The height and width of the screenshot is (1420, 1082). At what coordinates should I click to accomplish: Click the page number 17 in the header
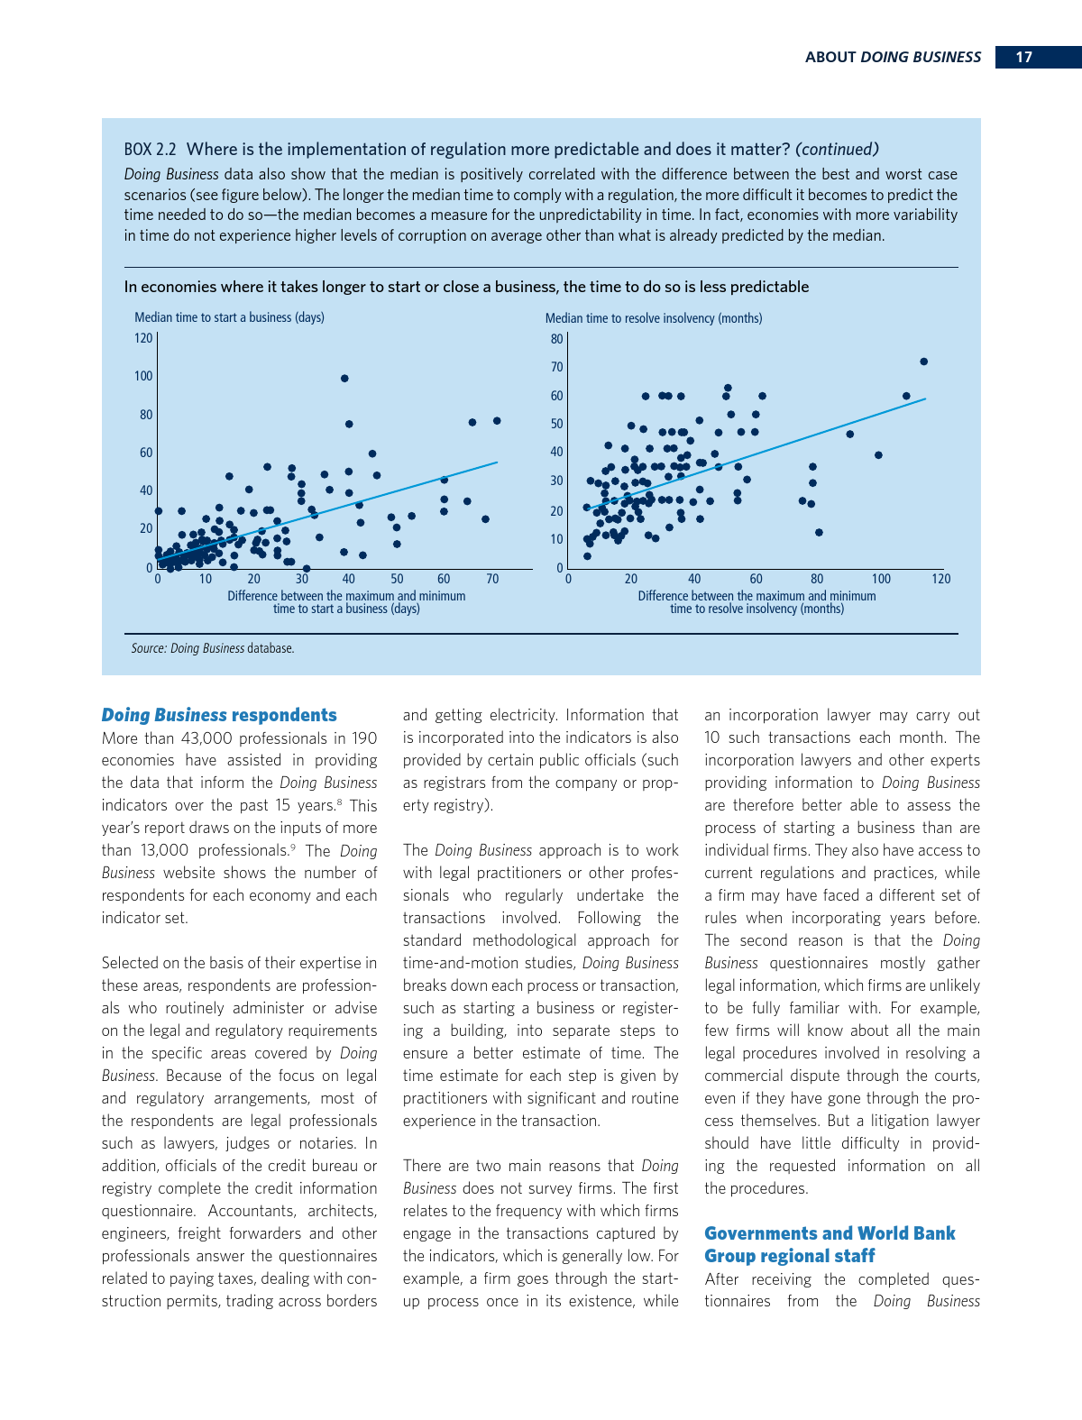tap(1023, 57)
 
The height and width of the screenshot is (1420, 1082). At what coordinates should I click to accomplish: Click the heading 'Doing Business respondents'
tap(219, 715)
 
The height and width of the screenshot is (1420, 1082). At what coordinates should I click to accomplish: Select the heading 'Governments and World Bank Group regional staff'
tap(830, 1244)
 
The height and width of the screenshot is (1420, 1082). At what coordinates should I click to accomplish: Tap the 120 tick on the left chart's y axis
tap(143, 338)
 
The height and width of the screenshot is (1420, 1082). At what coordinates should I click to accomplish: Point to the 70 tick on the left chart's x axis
tap(492, 579)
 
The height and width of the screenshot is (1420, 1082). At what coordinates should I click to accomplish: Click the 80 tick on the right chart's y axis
tap(557, 339)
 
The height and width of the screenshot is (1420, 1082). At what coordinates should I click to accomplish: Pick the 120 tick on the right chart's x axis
tap(941, 579)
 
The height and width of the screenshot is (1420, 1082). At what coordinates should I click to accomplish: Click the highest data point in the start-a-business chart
tap(344, 379)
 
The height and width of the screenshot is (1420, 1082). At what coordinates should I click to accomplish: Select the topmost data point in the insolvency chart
tap(923, 362)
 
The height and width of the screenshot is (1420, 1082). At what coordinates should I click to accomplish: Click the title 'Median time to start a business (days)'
tap(229, 317)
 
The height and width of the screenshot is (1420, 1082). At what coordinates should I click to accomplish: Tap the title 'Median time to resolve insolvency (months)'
tap(654, 318)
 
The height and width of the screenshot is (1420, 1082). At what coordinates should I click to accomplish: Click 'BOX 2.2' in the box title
tap(150, 150)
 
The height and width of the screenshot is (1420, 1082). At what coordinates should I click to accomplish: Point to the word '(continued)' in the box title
tap(837, 150)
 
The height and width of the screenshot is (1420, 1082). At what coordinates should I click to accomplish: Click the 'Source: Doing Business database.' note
tap(213, 648)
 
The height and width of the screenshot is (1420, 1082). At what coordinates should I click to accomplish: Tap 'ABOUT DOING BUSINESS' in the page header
tap(893, 57)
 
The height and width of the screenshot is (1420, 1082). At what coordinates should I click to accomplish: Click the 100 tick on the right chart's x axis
tap(881, 579)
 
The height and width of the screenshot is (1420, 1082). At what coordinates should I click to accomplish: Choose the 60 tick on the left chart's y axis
tap(146, 453)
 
